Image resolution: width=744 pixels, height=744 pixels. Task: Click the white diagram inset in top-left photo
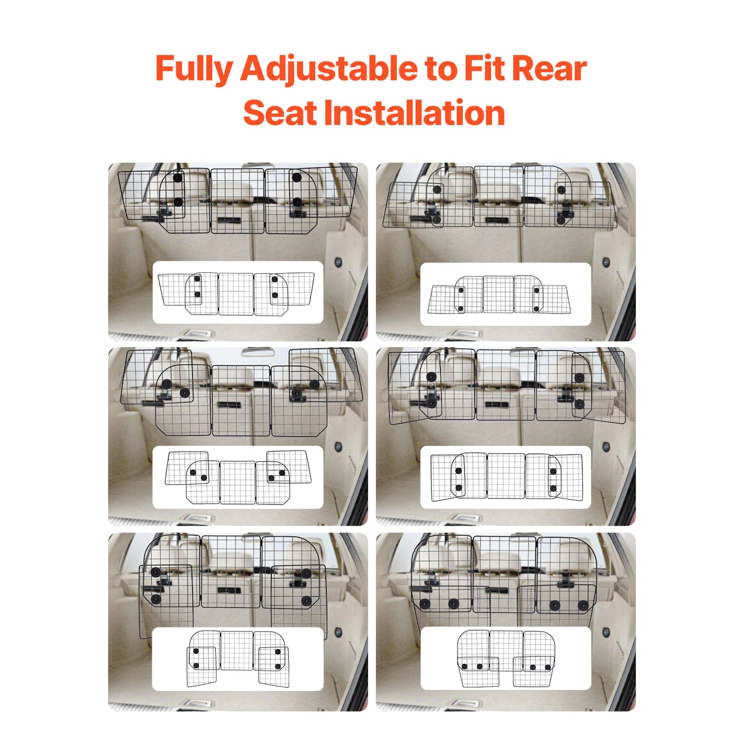[x=238, y=292]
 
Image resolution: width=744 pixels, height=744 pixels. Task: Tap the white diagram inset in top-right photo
[x=506, y=294]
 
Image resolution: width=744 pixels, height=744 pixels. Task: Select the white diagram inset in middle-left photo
[x=238, y=477]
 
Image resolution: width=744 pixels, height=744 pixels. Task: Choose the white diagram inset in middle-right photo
[x=506, y=477]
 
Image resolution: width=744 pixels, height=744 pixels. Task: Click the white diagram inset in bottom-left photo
[x=238, y=659]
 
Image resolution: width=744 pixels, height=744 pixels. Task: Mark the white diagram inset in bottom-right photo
[x=506, y=659]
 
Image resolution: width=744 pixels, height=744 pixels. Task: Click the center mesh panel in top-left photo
[x=237, y=201]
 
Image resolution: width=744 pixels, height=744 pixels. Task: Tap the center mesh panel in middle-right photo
[x=506, y=385]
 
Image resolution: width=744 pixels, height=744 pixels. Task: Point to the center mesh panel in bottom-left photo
[x=230, y=572]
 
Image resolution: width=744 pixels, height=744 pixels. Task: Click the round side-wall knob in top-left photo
[x=338, y=262]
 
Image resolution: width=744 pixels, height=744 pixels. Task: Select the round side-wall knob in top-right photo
[x=606, y=262]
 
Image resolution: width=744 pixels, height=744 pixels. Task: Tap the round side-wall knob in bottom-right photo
[x=606, y=632]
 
